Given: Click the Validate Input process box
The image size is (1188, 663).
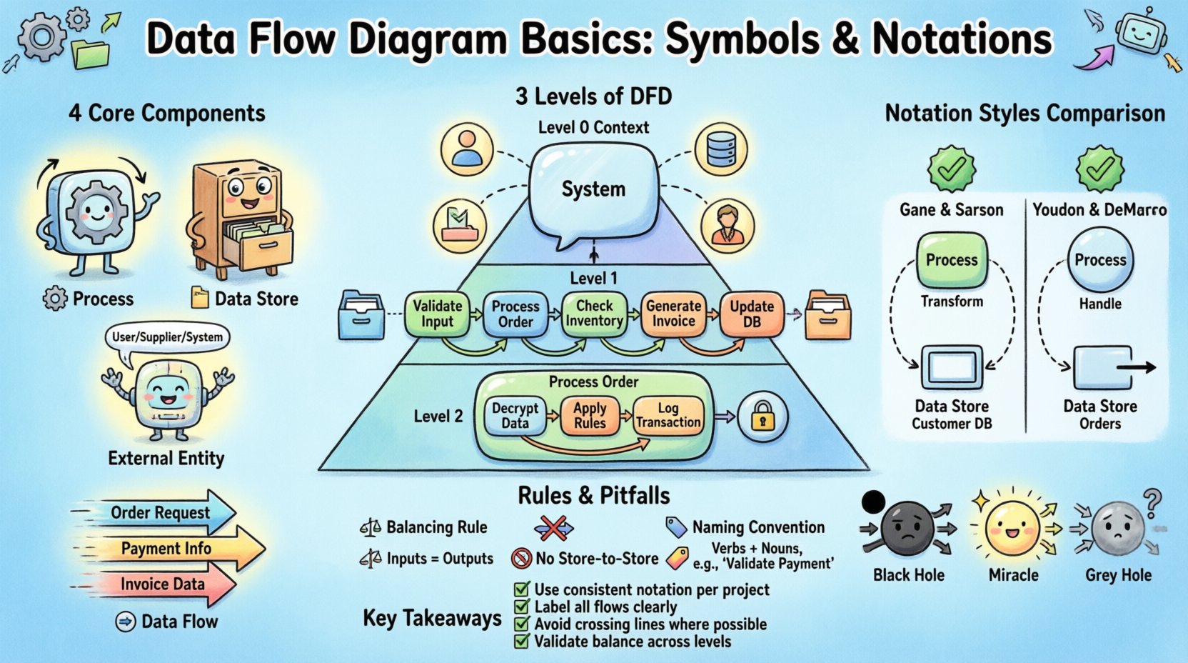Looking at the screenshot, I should pos(437,314).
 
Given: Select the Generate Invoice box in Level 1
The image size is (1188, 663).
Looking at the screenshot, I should pos(673,314).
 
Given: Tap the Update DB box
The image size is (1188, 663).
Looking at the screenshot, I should pos(751,314).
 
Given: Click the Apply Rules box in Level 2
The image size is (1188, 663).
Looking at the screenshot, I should pos(590,416).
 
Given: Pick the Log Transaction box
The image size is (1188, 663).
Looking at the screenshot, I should pos(668,416).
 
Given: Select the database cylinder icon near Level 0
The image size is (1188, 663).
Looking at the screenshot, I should pos(720,149).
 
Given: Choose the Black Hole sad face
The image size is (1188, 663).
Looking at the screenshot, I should pos(907,529).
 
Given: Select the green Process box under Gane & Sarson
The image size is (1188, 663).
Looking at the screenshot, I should pos(951,260).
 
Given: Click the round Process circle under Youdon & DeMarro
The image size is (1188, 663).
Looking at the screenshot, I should pos(1099,260).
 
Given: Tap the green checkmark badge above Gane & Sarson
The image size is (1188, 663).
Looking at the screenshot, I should pos(951,169).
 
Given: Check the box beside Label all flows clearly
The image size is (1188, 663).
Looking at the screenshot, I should pos(522,607).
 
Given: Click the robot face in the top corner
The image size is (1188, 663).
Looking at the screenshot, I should pos(1140,33).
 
